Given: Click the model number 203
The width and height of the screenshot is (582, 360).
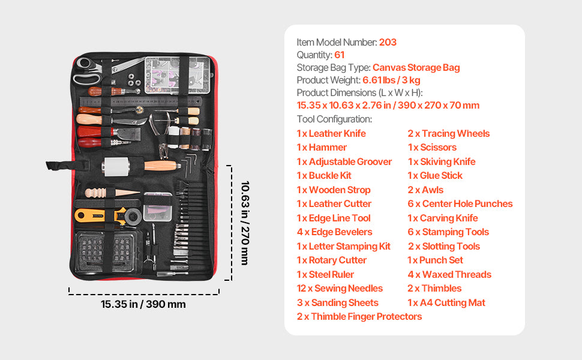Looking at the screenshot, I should [388, 42].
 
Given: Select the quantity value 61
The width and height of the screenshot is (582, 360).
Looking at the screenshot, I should [339, 55].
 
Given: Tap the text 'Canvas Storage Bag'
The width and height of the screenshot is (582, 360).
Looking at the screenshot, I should [416, 67].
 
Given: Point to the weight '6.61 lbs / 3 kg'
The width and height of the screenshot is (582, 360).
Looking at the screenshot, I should [391, 80].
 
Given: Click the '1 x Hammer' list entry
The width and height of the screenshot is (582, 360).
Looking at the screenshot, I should [322, 147].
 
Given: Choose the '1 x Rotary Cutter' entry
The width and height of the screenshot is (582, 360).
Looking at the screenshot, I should [331, 260].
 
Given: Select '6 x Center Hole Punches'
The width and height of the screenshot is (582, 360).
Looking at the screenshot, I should [460, 203].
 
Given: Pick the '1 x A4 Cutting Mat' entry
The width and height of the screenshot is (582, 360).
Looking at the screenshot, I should [446, 302].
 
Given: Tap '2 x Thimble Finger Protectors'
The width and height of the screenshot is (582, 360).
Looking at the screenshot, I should [359, 316].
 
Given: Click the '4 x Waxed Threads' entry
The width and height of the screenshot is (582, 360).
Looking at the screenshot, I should [449, 274].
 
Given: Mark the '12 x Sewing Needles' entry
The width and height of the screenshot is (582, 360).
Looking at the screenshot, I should [340, 288].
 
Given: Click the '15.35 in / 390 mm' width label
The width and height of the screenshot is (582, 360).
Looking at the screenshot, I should [143, 304].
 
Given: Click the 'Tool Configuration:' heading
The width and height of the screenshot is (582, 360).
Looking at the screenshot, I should [334, 119].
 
